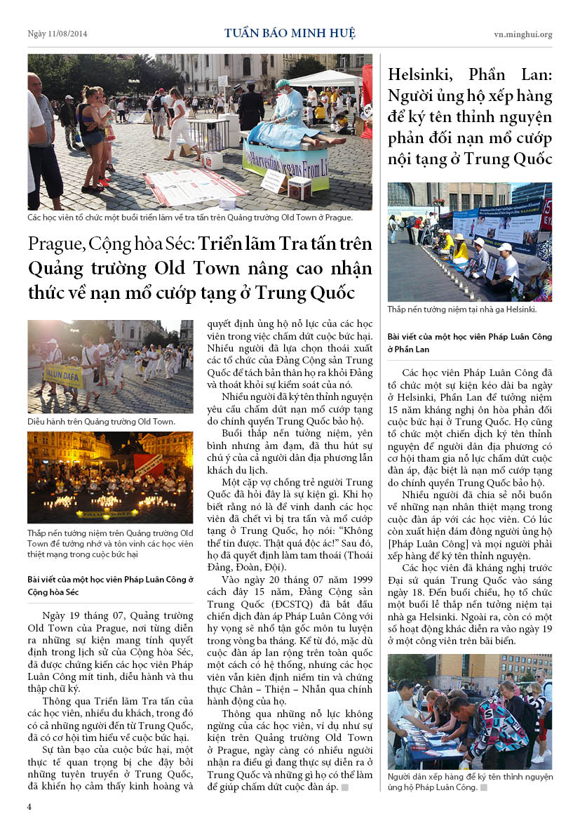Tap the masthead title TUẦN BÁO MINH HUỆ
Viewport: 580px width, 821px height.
click(x=290, y=33)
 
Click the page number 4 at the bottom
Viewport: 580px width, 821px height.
click(x=29, y=806)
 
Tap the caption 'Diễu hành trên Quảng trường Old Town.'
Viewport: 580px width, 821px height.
click(x=101, y=422)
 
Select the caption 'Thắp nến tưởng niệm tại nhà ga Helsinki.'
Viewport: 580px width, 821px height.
click(x=462, y=309)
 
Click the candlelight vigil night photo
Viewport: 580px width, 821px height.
click(x=110, y=477)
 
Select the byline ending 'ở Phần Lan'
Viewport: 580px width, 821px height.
click(x=469, y=342)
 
